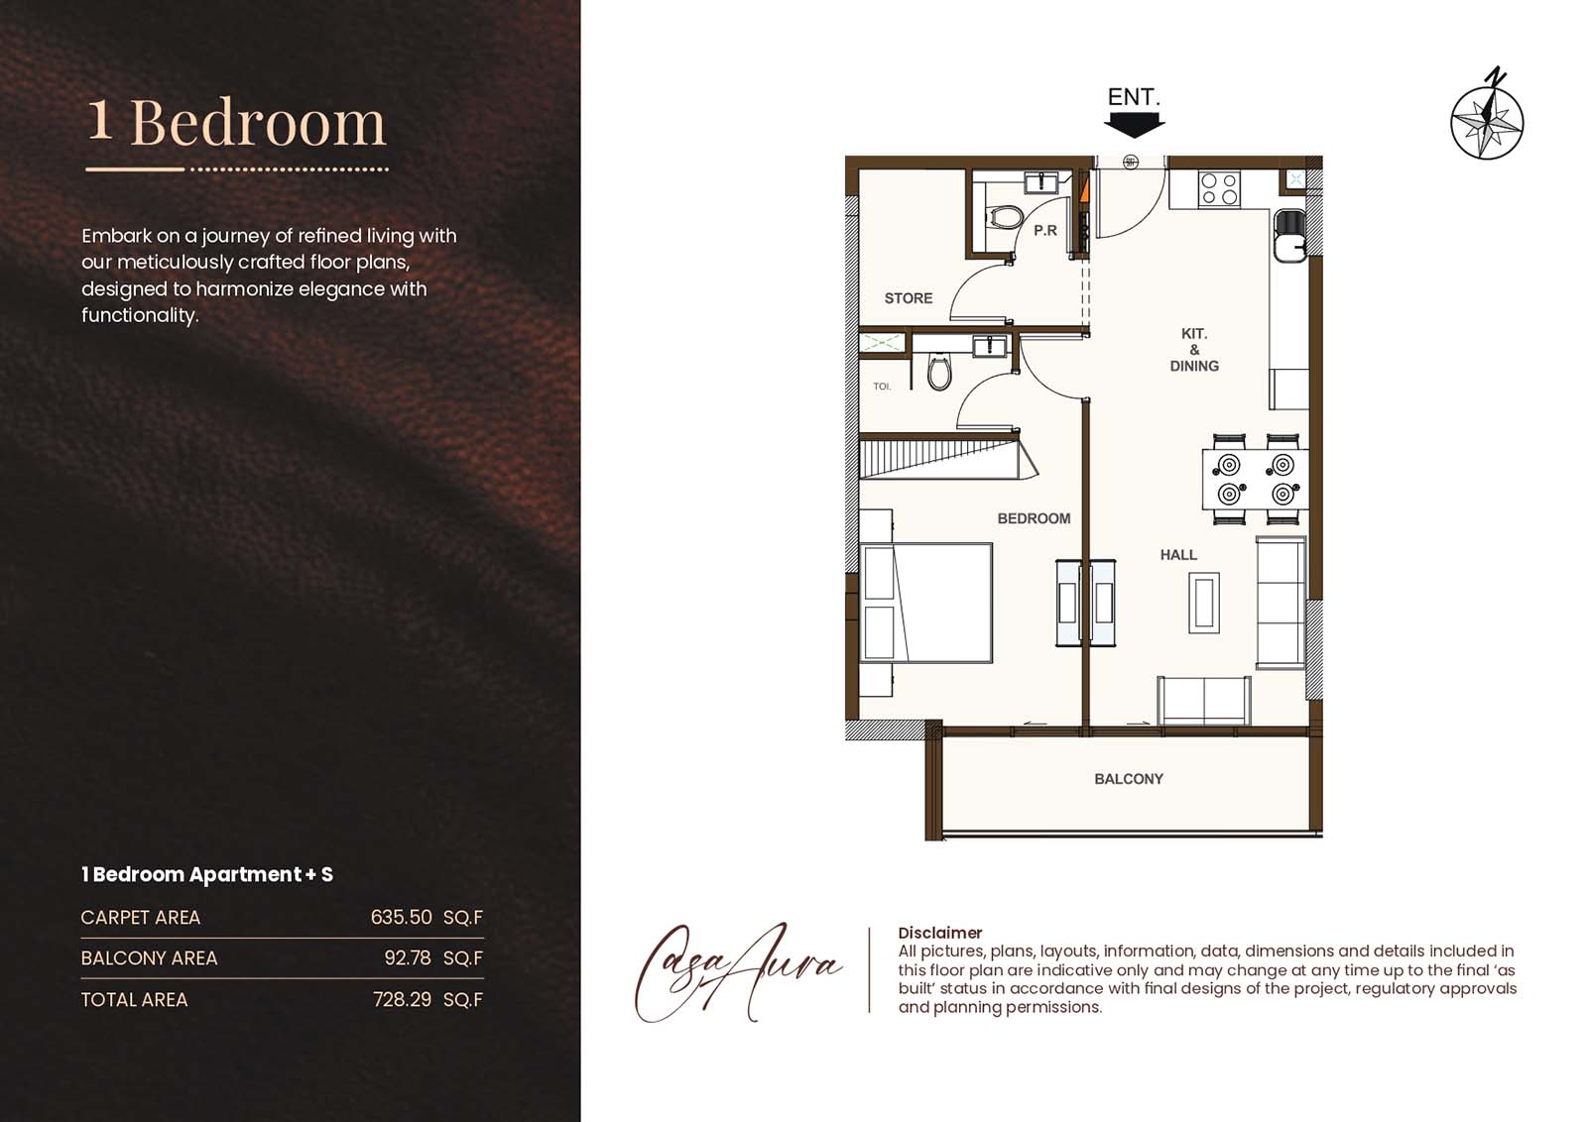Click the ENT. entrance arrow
tap(1134, 124)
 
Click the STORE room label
tap(908, 297)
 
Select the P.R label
tap(1045, 230)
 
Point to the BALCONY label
tap(1128, 779)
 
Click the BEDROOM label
tap(1034, 518)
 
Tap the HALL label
tap(1178, 555)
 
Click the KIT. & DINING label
tap(1194, 350)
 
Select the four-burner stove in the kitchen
tap(1219, 188)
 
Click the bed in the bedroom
tap(928, 602)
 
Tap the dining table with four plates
tap(1256, 479)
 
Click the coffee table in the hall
tap(1204, 603)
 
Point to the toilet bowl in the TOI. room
tap(938, 373)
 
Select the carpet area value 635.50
tap(401, 917)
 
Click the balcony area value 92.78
tap(408, 957)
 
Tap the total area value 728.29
tap(402, 999)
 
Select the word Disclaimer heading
tap(939, 933)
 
